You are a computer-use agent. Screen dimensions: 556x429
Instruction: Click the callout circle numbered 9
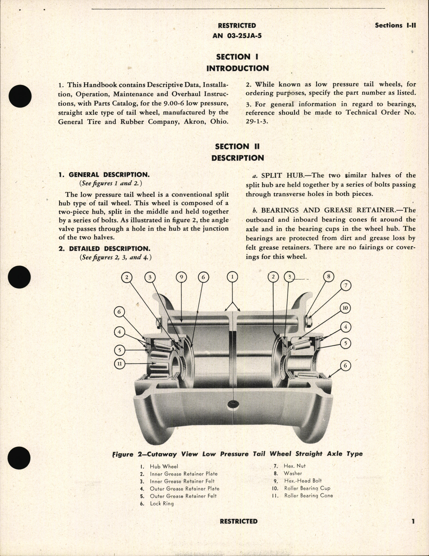pos(181,277)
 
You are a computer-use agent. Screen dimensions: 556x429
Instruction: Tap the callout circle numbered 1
pos(232,277)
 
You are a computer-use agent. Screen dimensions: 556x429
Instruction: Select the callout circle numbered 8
pos(329,276)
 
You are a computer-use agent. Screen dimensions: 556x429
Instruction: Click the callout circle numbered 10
pos(345,308)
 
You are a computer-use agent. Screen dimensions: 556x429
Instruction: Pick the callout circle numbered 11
pos(119,364)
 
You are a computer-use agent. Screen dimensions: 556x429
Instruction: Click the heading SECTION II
pos(237,146)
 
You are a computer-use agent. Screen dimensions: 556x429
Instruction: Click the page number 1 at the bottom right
pos(413,521)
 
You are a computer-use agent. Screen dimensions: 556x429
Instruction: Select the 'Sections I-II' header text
pos(395,25)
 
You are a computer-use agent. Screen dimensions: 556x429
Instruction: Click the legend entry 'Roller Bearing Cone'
pos(308,496)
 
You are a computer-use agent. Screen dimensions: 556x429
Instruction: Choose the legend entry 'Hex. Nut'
pos(294,466)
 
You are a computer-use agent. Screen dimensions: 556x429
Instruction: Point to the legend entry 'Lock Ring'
pos(161,503)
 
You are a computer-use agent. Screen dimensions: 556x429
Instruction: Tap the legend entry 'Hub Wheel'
pos(164,466)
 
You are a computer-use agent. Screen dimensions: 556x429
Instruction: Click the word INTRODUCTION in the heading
pos(237,68)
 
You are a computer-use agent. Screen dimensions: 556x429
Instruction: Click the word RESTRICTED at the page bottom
pos(239,521)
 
